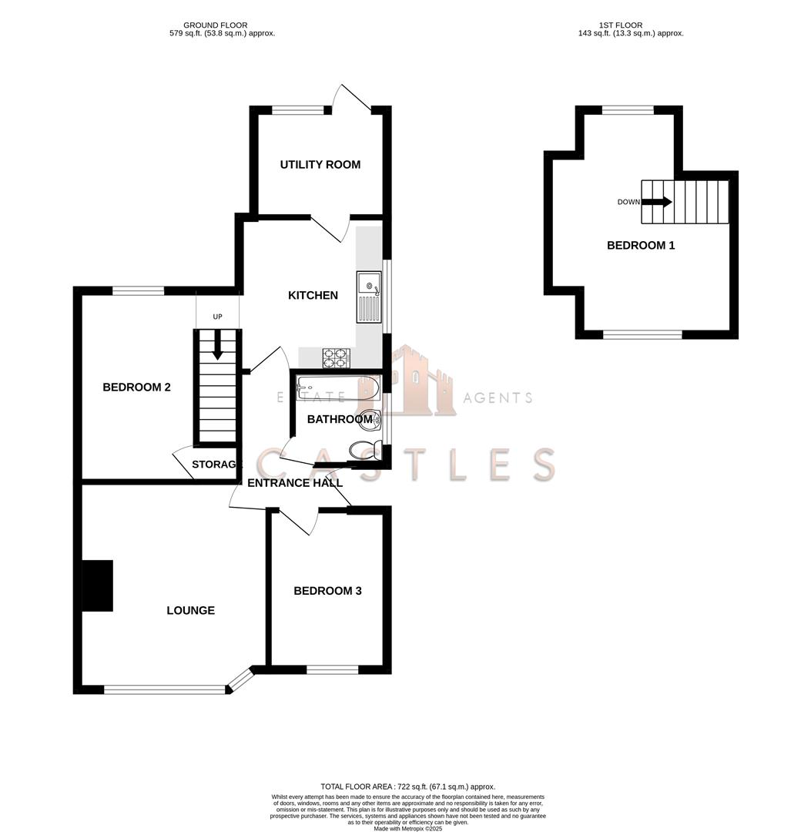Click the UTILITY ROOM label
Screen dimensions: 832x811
pyautogui.click(x=320, y=165)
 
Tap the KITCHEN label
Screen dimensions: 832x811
pyautogui.click(x=313, y=295)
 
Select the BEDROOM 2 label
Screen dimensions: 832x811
pyautogui.click(x=136, y=387)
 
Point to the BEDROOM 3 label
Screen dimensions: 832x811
pyautogui.click(x=327, y=591)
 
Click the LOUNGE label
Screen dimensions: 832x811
pyautogui.click(x=190, y=610)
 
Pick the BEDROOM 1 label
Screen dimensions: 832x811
pyautogui.click(x=641, y=246)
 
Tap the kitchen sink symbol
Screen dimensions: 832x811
pyautogui.click(x=369, y=297)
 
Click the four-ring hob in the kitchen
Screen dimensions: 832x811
pyautogui.click(x=335, y=357)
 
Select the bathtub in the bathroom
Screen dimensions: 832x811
pyautogui.click(x=337, y=389)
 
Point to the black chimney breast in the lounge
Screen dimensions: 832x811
pyautogui.click(x=97, y=586)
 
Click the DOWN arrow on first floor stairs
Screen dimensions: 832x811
pyautogui.click(x=656, y=202)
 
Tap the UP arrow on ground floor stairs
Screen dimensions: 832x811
pyautogui.click(x=217, y=346)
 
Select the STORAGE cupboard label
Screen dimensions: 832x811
pyautogui.click(x=216, y=465)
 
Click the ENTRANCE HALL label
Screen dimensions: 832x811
pyautogui.click(x=294, y=483)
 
